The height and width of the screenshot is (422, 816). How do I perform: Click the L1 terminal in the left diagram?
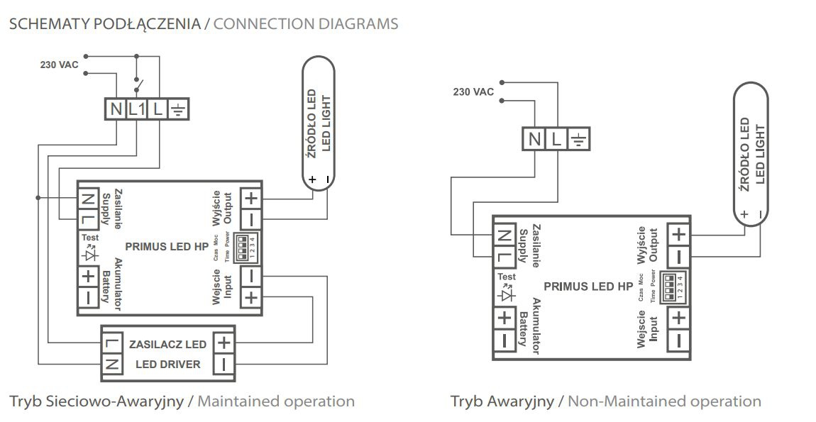coord(137,110)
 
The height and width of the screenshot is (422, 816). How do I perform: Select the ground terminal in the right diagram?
coord(579,139)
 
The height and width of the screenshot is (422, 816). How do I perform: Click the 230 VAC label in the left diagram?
coord(59,65)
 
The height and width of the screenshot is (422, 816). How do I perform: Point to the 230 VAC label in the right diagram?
coord(473,92)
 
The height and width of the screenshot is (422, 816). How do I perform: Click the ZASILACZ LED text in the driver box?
coord(167,345)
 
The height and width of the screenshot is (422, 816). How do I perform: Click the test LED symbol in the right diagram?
coord(506,291)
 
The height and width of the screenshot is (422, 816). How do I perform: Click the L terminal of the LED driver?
coord(112,344)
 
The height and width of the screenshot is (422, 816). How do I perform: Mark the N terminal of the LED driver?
coord(112,365)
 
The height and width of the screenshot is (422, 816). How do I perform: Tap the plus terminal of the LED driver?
coord(224,343)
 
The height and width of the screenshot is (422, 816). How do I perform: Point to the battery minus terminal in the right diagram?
coord(504,340)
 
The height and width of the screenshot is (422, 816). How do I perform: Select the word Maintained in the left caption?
coord(238,401)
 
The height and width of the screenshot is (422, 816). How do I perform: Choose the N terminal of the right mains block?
coord(534,139)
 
